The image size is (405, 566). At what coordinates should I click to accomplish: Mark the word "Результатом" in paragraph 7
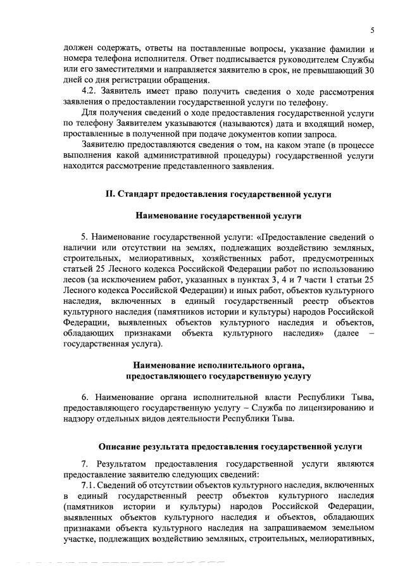128,464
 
